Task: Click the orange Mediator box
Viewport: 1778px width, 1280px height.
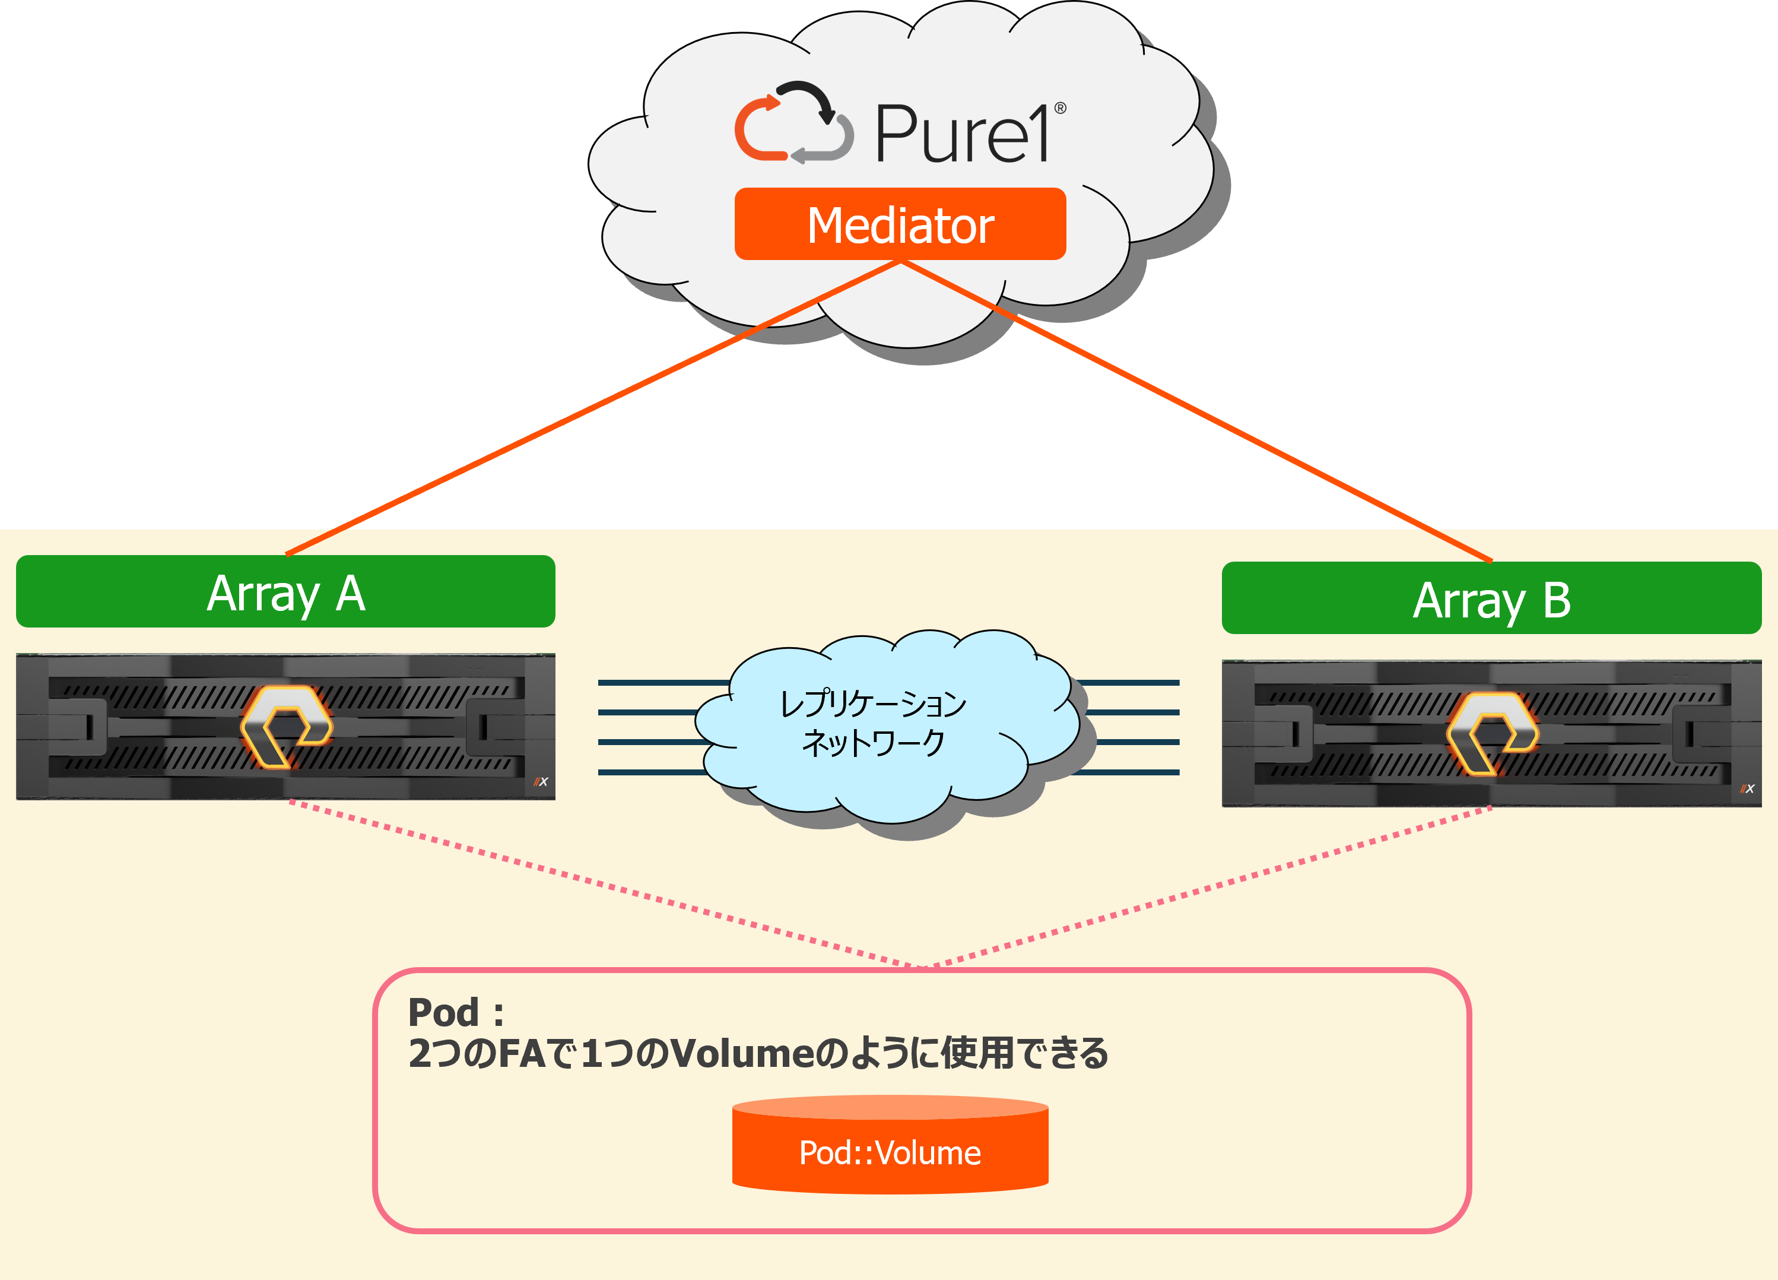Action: tap(900, 224)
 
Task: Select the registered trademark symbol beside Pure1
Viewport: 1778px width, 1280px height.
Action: tap(1060, 108)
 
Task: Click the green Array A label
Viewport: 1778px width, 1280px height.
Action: tap(285, 592)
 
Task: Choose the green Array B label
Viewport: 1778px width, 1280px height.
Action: tap(1491, 598)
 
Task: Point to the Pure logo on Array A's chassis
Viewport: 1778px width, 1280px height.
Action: tap(286, 726)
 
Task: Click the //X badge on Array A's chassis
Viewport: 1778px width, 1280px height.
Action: tap(541, 782)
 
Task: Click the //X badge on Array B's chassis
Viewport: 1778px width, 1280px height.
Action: tap(1747, 789)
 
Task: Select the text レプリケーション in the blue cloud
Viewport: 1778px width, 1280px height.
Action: tap(872, 704)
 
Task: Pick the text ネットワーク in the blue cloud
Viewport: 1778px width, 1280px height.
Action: tap(872, 743)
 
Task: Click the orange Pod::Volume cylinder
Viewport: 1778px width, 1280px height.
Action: tap(890, 1149)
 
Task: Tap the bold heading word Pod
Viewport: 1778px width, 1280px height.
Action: tap(443, 1013)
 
